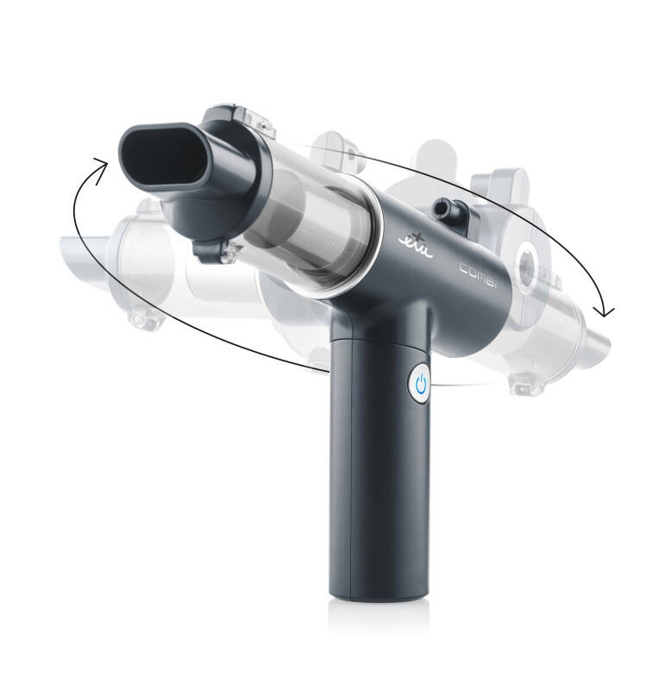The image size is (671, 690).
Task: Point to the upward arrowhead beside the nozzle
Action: pyautogui.click(x=101, y=168)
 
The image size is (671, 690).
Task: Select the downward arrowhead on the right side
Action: pyautogui.click(x=609, y=309)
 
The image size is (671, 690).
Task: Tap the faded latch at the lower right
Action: pyautogui.click(x=525, y=384)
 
